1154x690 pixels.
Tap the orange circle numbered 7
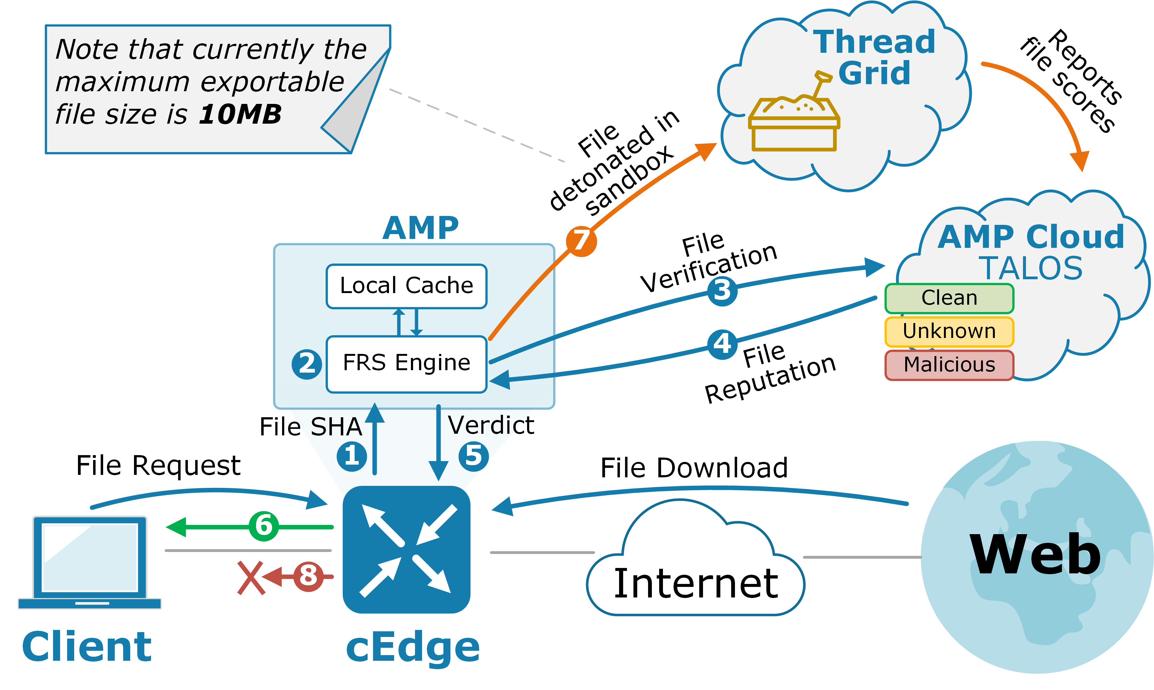click(581, 241)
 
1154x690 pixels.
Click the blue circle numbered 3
click(722, 291)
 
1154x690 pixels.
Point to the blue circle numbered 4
click(722, 344)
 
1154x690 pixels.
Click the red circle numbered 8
click(308, 577)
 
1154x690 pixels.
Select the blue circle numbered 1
click(352, 456)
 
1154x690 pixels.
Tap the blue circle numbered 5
click(473, 456)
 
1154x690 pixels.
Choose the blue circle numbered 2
click(306, 364)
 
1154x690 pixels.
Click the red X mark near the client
click(251, 578)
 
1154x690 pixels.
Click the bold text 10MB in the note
click(240, 114)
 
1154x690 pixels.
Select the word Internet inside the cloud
click(696, 584)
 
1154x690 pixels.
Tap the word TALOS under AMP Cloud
click(1031, 268)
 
